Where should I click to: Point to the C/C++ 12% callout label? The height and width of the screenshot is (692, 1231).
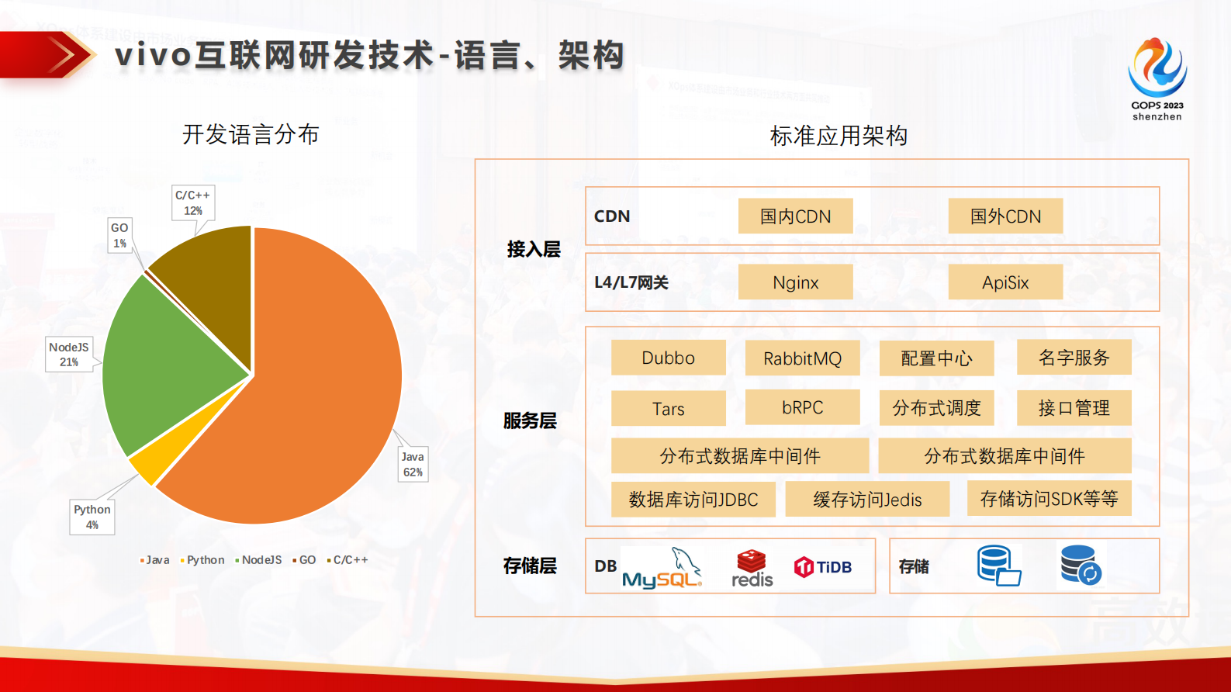(192, 202)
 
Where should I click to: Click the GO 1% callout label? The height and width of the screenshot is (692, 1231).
(119, 235)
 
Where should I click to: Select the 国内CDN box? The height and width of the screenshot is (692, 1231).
(795, 216)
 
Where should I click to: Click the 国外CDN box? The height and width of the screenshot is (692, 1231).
(1005, 216)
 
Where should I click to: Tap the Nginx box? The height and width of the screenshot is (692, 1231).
(795, 282)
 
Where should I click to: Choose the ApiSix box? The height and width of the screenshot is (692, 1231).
(1005, 282)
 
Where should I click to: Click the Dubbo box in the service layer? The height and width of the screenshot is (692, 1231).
(668, 358)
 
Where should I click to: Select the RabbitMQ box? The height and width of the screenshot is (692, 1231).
(802, 358)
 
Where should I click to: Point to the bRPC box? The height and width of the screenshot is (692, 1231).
(802, 407)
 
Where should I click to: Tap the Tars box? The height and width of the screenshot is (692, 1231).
(668, 409)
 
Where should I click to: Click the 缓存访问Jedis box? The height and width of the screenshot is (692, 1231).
(867, 500)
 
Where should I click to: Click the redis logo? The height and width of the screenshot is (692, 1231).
(752, 569)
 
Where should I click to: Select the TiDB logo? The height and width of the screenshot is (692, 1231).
(823, 567)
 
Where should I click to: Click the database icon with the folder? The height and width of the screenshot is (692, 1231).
(998, 566)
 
